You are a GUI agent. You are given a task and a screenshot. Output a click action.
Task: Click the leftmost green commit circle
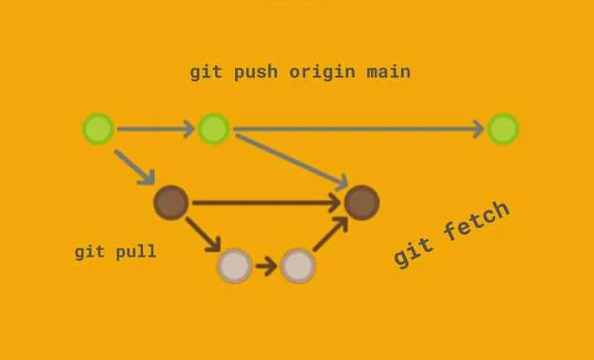[x=98, y=129]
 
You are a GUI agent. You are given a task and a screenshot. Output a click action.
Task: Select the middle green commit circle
[x=213, y=129]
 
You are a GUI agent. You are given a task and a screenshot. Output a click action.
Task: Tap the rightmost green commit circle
[x=503, y=129]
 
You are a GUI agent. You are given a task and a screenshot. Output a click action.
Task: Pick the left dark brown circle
[x=171, y=202]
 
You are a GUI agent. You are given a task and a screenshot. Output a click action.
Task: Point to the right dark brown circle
[x=362, y=203]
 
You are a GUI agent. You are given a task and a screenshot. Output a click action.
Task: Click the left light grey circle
[x=234, y=266]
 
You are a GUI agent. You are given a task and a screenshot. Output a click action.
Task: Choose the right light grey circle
[x=298, y=266]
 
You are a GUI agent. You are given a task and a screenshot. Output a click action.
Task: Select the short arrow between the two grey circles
[x=267, y=267]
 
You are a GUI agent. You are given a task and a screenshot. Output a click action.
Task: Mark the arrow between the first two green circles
[x=155, y=129]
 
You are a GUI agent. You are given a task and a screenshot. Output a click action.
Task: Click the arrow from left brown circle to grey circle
[x=203, y=234]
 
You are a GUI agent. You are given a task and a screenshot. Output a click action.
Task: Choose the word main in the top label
[x=388, y=72]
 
